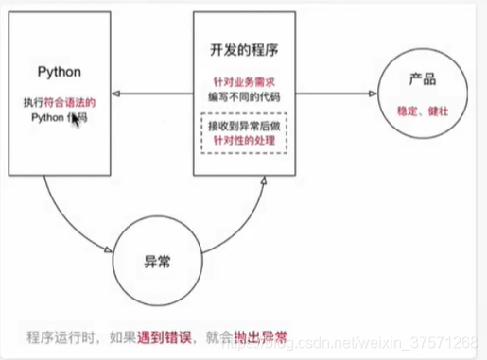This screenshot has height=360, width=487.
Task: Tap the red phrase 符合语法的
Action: [x=68, y=101]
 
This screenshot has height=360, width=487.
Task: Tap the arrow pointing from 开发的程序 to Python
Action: [x=151, y=92]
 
